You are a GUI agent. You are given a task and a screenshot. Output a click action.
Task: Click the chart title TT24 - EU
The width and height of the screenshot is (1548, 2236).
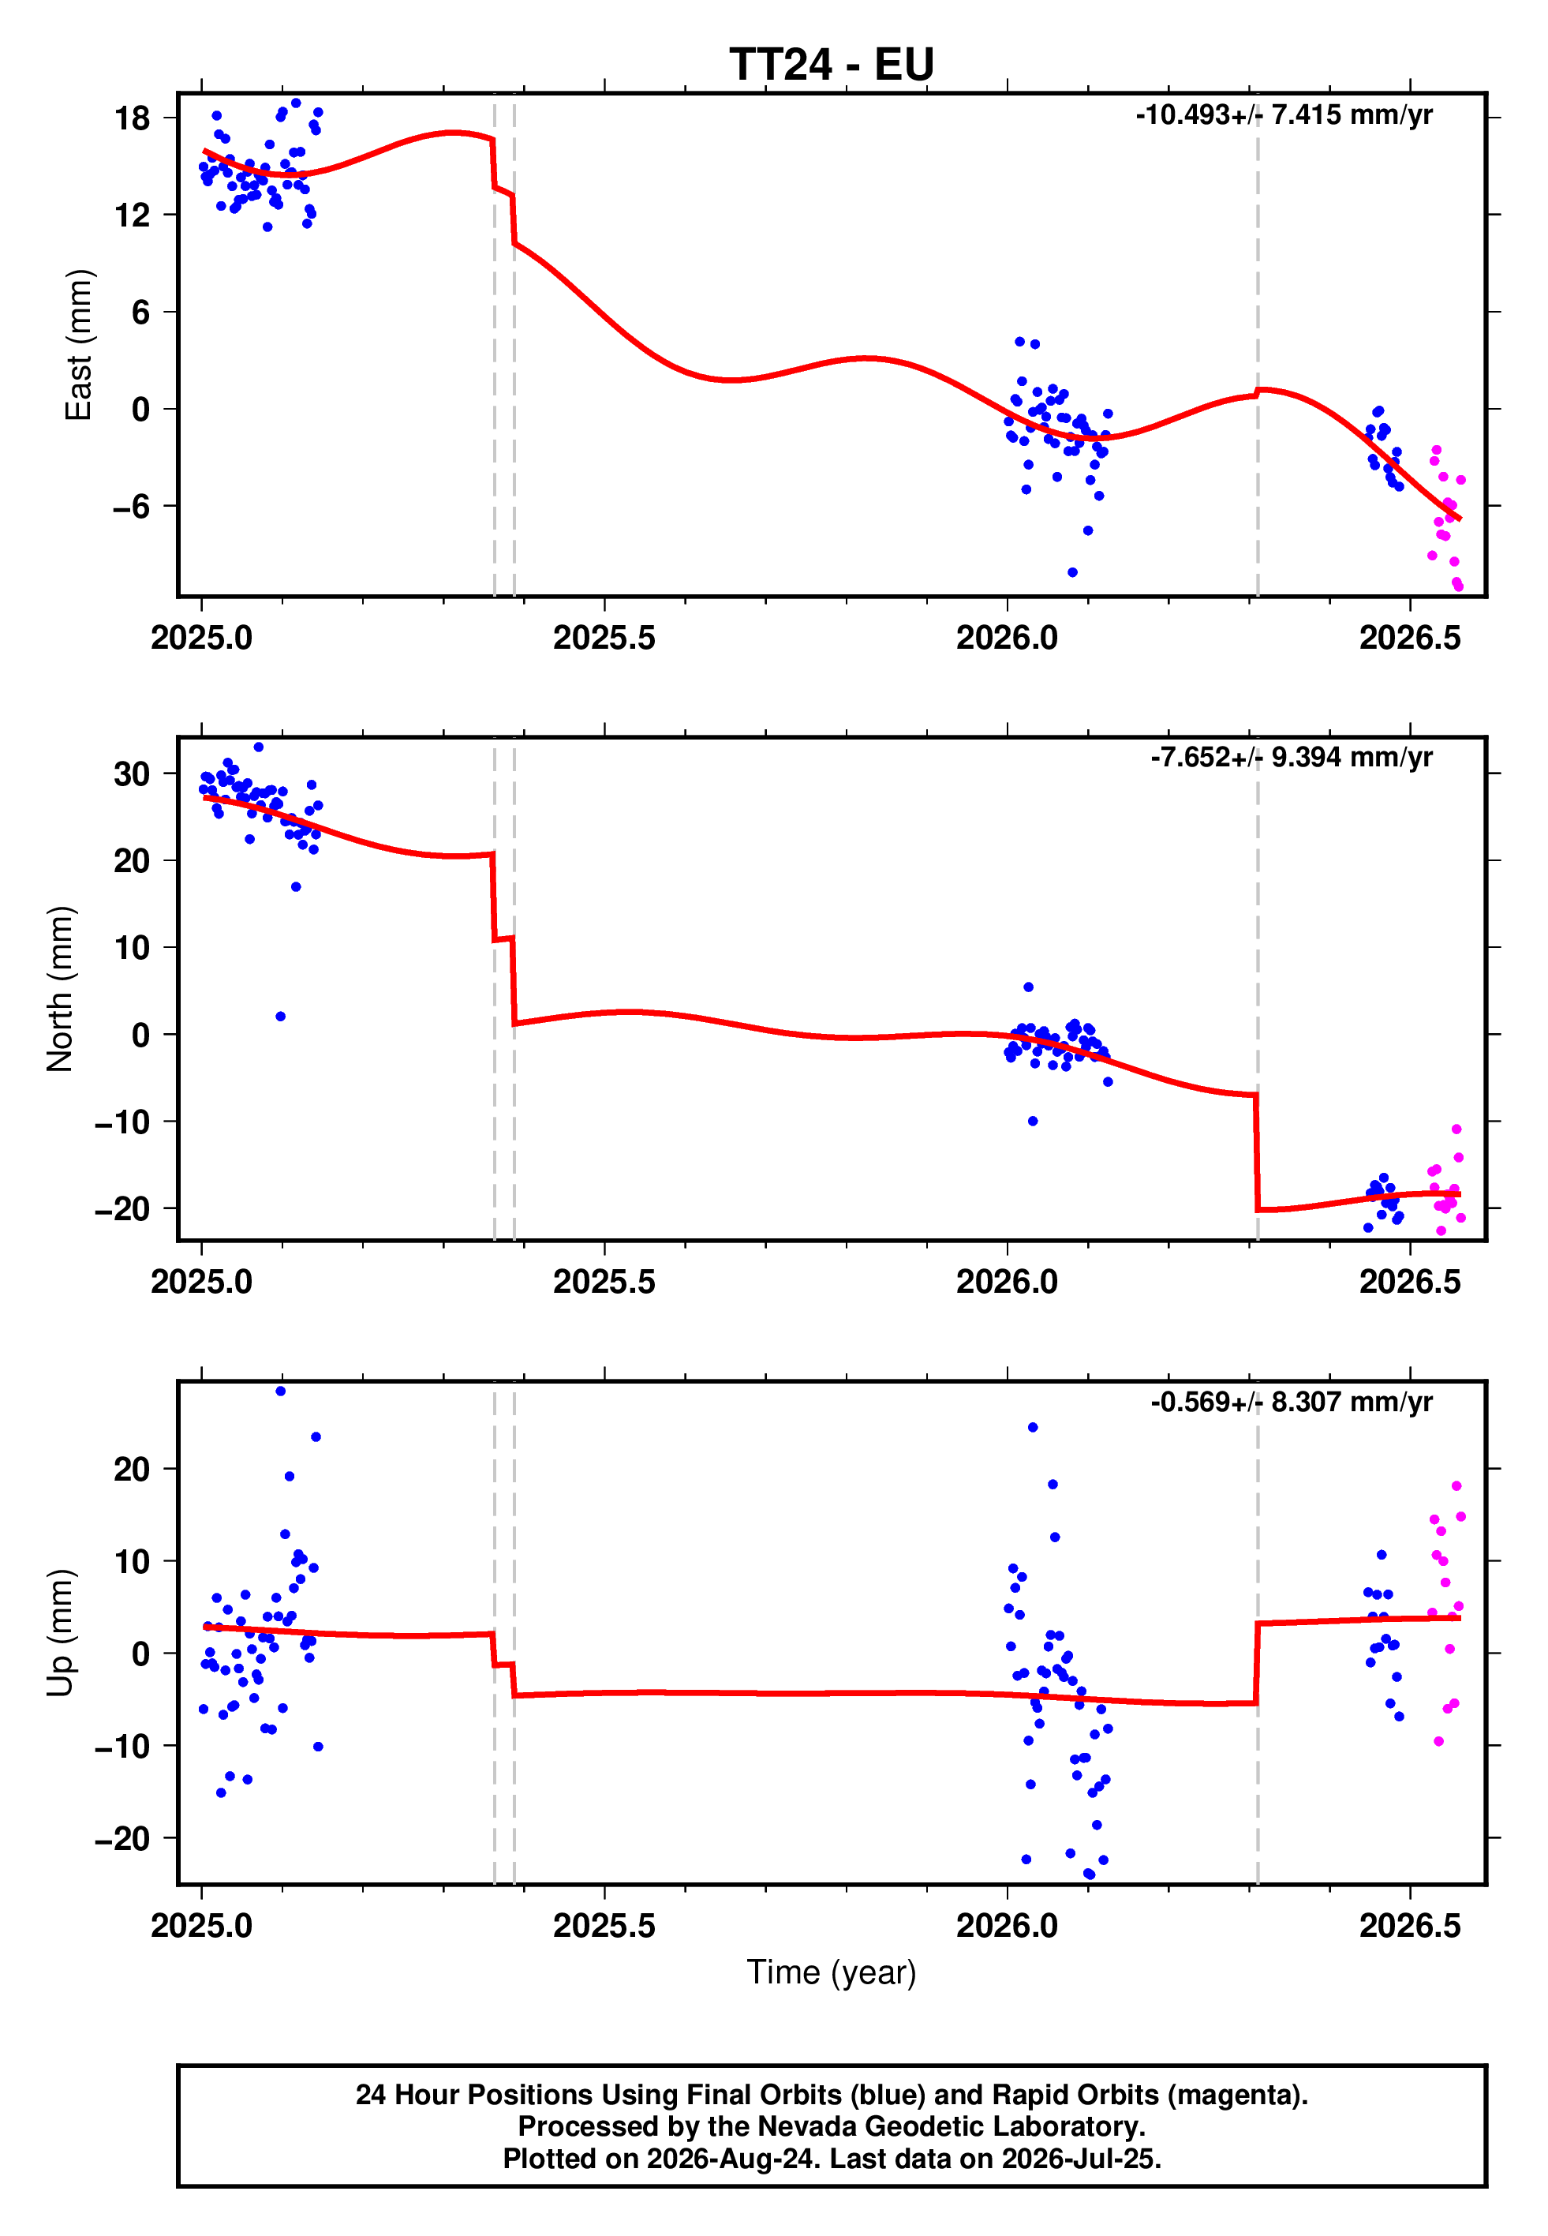click(832, 65)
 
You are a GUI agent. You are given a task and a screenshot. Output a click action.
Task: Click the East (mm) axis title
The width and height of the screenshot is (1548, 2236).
click(79, 346)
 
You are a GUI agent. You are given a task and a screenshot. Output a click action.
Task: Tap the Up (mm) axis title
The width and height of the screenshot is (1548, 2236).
click(60, 1633)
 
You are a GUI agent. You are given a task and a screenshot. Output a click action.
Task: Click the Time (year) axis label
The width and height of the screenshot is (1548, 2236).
click(832, 1972)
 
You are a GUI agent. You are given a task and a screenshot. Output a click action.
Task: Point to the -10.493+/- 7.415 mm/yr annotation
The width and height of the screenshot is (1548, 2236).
click(1284, 114)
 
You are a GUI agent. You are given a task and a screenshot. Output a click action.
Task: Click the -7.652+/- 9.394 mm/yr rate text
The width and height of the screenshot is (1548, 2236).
click(1292, 757)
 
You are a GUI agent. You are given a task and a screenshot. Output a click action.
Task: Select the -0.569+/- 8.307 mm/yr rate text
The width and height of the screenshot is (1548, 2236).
click(1292, 1402)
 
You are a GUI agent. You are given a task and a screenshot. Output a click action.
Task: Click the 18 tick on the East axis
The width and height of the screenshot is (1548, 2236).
click(133, 118)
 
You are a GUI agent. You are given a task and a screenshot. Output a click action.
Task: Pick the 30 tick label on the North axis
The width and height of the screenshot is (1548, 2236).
click(132, 774)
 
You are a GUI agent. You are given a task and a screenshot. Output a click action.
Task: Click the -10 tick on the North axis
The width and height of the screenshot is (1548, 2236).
click(123, 1122)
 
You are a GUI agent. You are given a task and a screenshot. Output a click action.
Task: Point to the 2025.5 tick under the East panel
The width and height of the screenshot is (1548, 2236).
click(604, 637)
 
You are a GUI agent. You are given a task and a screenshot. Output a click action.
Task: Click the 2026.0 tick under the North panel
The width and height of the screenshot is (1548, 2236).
click(1007, 1282)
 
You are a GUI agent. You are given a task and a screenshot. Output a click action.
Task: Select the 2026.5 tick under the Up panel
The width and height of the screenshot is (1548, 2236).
click(1409, 1926)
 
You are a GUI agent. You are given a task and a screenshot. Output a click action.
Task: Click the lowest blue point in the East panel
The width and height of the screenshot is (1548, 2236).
click(1071, 572)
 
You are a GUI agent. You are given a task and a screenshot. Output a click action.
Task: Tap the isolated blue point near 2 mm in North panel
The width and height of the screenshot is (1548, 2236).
click(280, 1017)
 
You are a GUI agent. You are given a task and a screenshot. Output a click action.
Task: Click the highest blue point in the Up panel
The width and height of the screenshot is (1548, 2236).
click(280, 1391)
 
